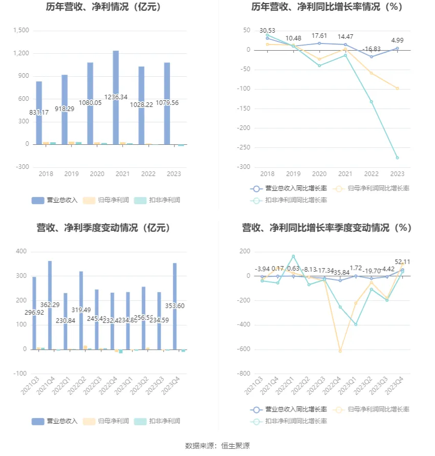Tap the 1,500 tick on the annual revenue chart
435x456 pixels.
[21, 31]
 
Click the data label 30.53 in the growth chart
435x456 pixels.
[267, 31]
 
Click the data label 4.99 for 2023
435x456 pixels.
[397, 40]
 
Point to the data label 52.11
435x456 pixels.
[402, 262]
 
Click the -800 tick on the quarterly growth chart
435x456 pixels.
[242, 374]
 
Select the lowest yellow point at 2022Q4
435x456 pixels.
[340, 351]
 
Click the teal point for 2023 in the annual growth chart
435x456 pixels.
[397, 158]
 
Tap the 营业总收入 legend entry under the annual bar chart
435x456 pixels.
[55, 200]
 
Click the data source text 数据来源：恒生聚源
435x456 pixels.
[217, 446]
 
